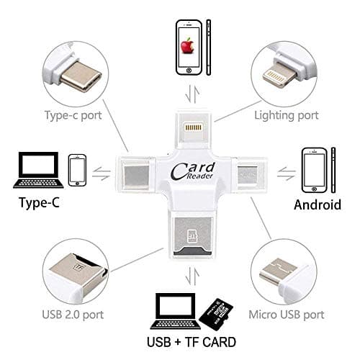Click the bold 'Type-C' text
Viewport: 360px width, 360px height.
coord(35,204)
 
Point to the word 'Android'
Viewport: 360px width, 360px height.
coord(317,204)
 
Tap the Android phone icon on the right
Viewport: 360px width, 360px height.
coord(315,170)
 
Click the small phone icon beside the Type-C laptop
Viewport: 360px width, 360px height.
coord(78,170)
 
